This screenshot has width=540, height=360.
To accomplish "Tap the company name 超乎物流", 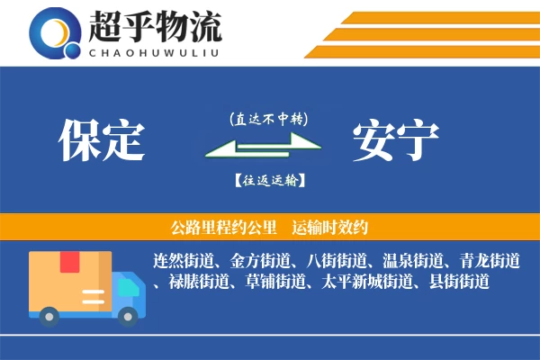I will click(x=155, y=25).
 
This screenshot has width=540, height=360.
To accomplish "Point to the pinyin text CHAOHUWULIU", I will click(x=155, y=51).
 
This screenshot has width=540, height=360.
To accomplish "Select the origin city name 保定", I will click(x=102, y=140).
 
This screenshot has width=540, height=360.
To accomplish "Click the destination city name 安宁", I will click(x=396, y=140).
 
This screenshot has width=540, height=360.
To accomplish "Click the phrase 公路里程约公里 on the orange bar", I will click(x=215, y=227).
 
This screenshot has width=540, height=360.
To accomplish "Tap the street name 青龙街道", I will click(x=490, y=261).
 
